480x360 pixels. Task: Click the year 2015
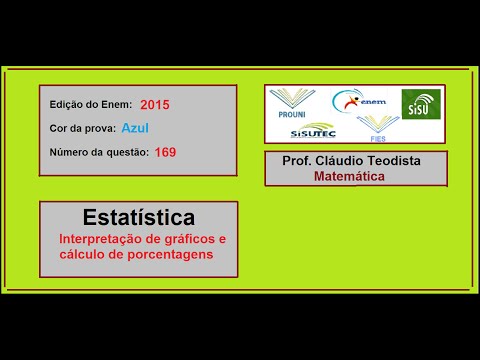coord(155,104)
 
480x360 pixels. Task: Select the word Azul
coord(134,127)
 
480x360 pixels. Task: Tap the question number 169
coord(166,152)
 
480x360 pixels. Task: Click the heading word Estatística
coord(138,217)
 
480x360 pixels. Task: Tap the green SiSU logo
coord(420,103)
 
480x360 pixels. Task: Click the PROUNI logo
coord(292,104)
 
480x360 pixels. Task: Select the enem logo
coord(358,101)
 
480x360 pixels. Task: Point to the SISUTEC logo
coord(314,128)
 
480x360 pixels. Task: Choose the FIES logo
coord(378,128)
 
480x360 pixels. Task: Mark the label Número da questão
coord(98,152)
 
